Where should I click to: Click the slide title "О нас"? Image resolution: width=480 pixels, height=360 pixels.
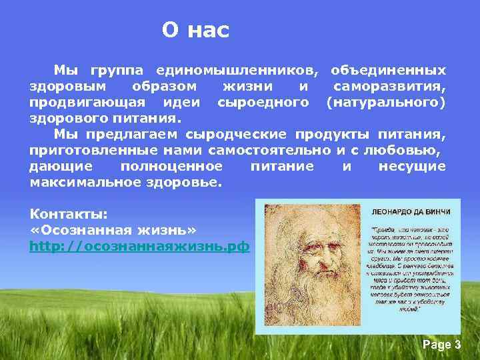(195, 30)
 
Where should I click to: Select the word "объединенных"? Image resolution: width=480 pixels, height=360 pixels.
(389, 70)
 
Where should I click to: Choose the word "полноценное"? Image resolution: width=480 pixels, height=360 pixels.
(171, 166)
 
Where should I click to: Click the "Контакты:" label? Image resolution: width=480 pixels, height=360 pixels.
(69, 214)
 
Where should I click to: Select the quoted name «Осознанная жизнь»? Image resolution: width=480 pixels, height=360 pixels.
(113, 230)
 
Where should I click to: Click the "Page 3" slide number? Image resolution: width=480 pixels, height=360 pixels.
(441, 345)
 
